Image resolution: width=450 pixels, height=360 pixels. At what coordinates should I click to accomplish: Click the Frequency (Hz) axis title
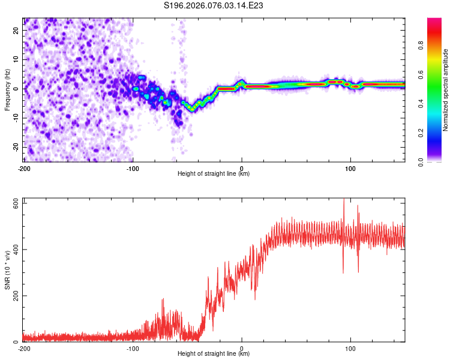coord(7,89)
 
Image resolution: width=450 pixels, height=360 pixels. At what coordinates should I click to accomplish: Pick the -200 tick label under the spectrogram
coord(24,167)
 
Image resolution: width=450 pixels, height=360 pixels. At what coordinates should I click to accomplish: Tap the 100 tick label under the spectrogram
coord(350,167)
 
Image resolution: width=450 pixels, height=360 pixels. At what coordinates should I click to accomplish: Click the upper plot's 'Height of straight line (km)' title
coord(214,174)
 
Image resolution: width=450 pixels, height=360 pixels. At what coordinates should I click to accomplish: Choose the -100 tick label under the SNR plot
coord(133,348)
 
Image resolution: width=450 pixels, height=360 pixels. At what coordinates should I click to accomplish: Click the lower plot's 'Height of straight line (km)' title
coord(214,355)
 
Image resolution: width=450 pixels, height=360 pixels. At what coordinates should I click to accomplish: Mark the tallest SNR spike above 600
coord(344,200)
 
